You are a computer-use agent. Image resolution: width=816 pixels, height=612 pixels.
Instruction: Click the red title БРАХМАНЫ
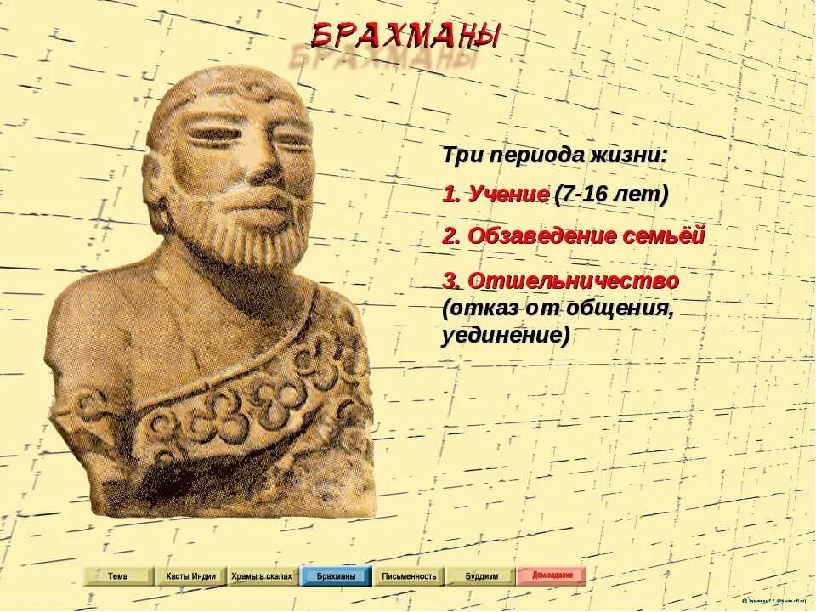tap(405, 35)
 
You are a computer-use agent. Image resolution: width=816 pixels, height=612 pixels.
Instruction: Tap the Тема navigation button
tap(118, 576)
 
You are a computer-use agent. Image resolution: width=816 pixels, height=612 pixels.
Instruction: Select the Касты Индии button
tap(190, 576)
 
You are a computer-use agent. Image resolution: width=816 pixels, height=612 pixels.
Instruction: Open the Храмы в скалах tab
tap(262, 576)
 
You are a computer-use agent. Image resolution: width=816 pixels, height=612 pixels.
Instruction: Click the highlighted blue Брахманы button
tap(336, 576)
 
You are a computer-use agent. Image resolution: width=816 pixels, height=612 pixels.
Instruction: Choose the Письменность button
tap(409, 576)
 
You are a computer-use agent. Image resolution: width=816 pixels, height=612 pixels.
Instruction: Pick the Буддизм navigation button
tap(481, 576)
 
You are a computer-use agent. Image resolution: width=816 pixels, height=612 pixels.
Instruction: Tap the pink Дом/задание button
tap(552, 575)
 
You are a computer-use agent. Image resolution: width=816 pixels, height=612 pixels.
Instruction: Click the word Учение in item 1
tap(507, 195)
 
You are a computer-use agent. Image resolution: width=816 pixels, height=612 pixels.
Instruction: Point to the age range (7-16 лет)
tap(611, 195)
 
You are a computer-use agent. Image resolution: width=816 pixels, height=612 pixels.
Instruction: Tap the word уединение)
tap(505, 335)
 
